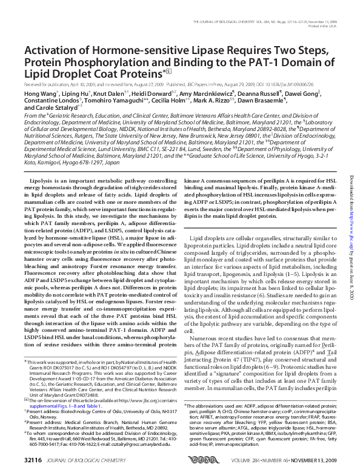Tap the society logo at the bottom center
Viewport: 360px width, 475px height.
189,460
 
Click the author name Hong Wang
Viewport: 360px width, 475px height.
39,95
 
